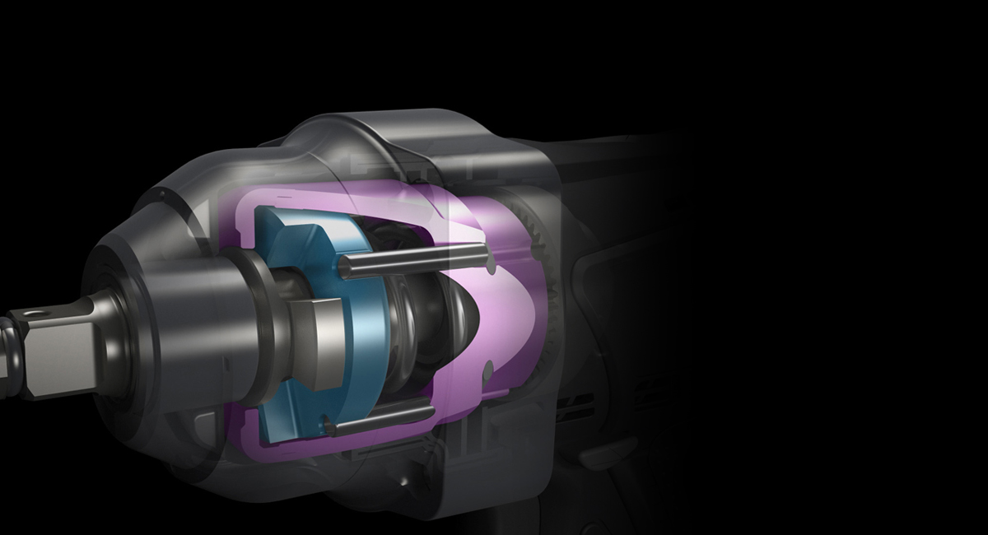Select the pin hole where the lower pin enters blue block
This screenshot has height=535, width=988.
pos(329,425)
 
